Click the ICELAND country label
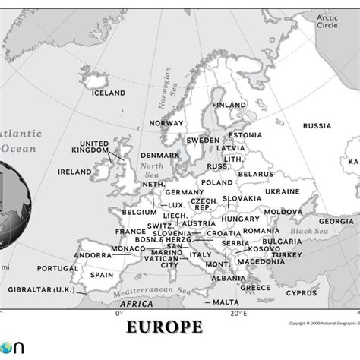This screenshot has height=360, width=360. pyautogui.click(x=108, y=93)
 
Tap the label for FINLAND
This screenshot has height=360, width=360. pyautogui.click(x=229, y=105)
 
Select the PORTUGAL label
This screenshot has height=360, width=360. pyautogui.click(x=57, y=268)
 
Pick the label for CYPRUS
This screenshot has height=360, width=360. pyautogui.click(x=302, y=292)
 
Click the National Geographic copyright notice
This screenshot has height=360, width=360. pyautogui.click(x=324, y=322)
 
